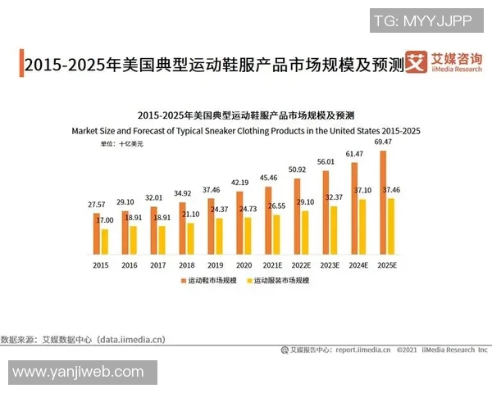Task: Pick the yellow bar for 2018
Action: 190,237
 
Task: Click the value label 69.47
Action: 381,142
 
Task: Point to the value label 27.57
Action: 97,203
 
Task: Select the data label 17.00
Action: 105,220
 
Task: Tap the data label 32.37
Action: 334,197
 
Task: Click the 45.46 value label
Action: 267,178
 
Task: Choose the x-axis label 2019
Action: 214,265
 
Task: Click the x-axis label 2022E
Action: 300,265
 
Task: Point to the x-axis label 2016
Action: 129,265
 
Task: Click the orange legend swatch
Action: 183,281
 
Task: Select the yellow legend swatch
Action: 249,281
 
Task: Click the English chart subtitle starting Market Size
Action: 246,131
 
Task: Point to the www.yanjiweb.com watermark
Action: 78,373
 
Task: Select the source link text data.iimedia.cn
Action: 131,338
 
